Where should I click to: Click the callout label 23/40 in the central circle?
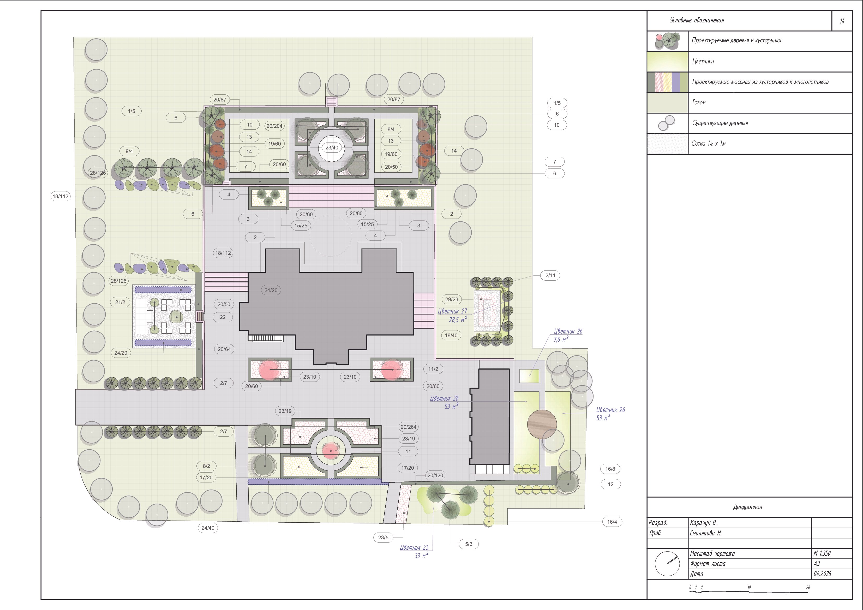(332, 148)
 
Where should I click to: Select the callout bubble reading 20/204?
(274, 126)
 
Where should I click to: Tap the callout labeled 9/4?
(129, 151)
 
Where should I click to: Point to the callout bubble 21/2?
(120, 302)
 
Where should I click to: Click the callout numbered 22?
(223, 317)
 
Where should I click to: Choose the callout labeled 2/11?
(550, 275)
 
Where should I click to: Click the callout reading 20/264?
(409, 427)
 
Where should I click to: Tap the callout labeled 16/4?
(612, 522)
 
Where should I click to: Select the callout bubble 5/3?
(469, 544)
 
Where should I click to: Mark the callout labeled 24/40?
(208, 528)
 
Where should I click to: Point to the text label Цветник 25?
(414, 548)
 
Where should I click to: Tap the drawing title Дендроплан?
(748, 507)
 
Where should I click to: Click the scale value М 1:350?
(822, 553)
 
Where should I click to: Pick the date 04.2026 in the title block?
(822, 574)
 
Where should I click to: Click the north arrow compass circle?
(667, 564)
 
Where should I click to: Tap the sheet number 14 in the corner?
(842, 21)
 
